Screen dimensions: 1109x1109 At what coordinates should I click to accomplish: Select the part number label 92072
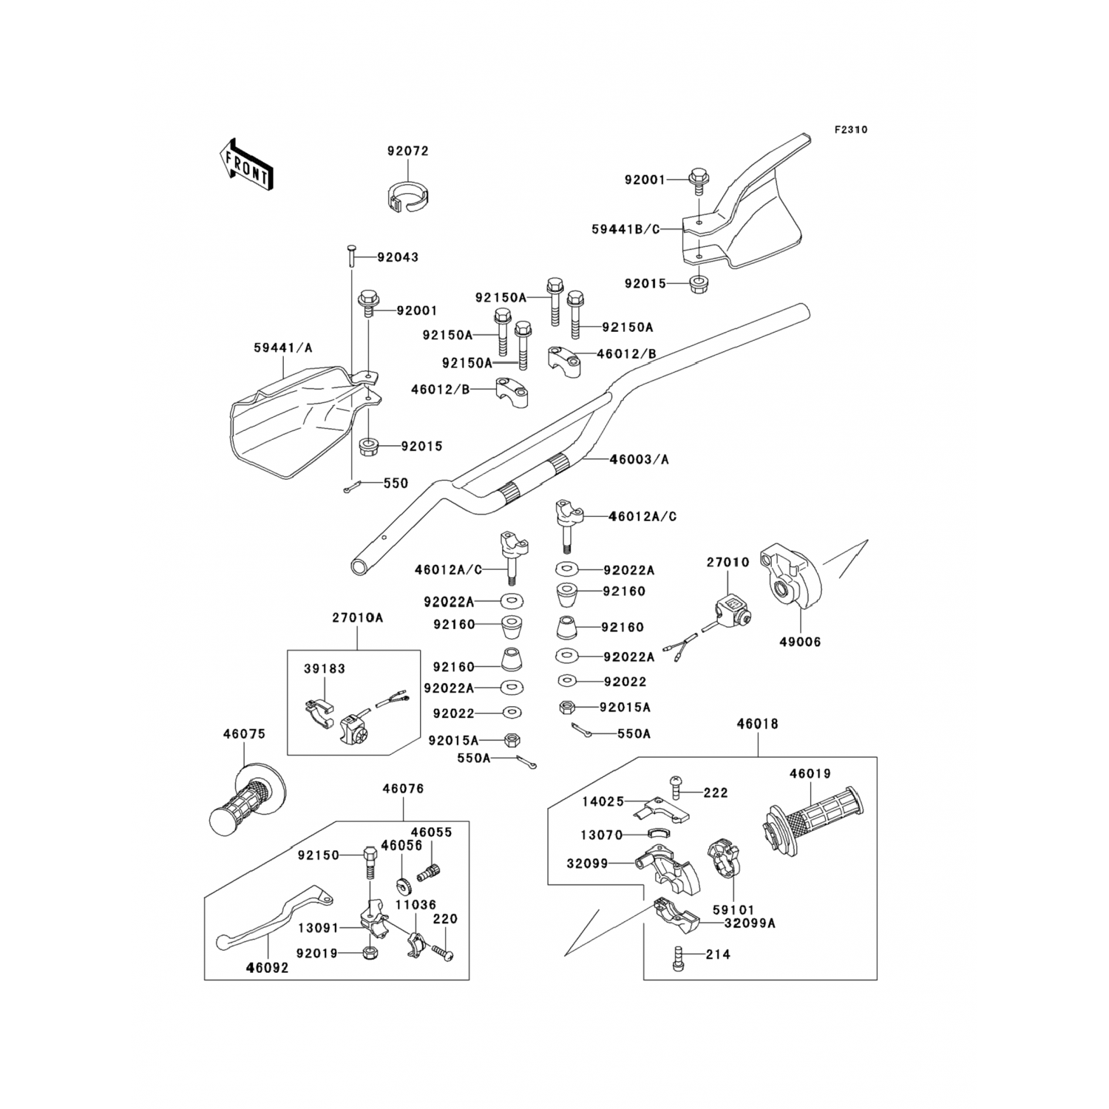(x=407, y=151)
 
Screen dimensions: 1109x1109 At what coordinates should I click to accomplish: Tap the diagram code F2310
(x=851, y=129)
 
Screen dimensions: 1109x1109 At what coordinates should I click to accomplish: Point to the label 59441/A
(x=283, y=347)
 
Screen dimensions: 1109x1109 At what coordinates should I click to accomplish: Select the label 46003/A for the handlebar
(x=639, y=459)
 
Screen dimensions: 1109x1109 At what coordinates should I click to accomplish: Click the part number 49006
(x=800, y=642)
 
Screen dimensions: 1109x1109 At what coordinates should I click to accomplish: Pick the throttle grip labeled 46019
(x=812, y=823)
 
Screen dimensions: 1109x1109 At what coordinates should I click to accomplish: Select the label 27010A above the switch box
(x=357, y=617)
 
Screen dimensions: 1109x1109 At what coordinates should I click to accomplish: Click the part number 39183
(x=325, y=668)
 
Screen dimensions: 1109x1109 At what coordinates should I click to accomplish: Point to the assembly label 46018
(x=757, y=724)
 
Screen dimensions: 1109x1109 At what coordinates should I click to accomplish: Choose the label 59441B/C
(x=625, y=229)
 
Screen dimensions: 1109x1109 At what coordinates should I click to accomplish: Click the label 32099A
(x=750, y=923)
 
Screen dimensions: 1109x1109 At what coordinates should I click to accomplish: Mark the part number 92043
(x=398, y=257)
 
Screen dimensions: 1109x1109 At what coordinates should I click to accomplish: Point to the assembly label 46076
(x=403, y=789)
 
